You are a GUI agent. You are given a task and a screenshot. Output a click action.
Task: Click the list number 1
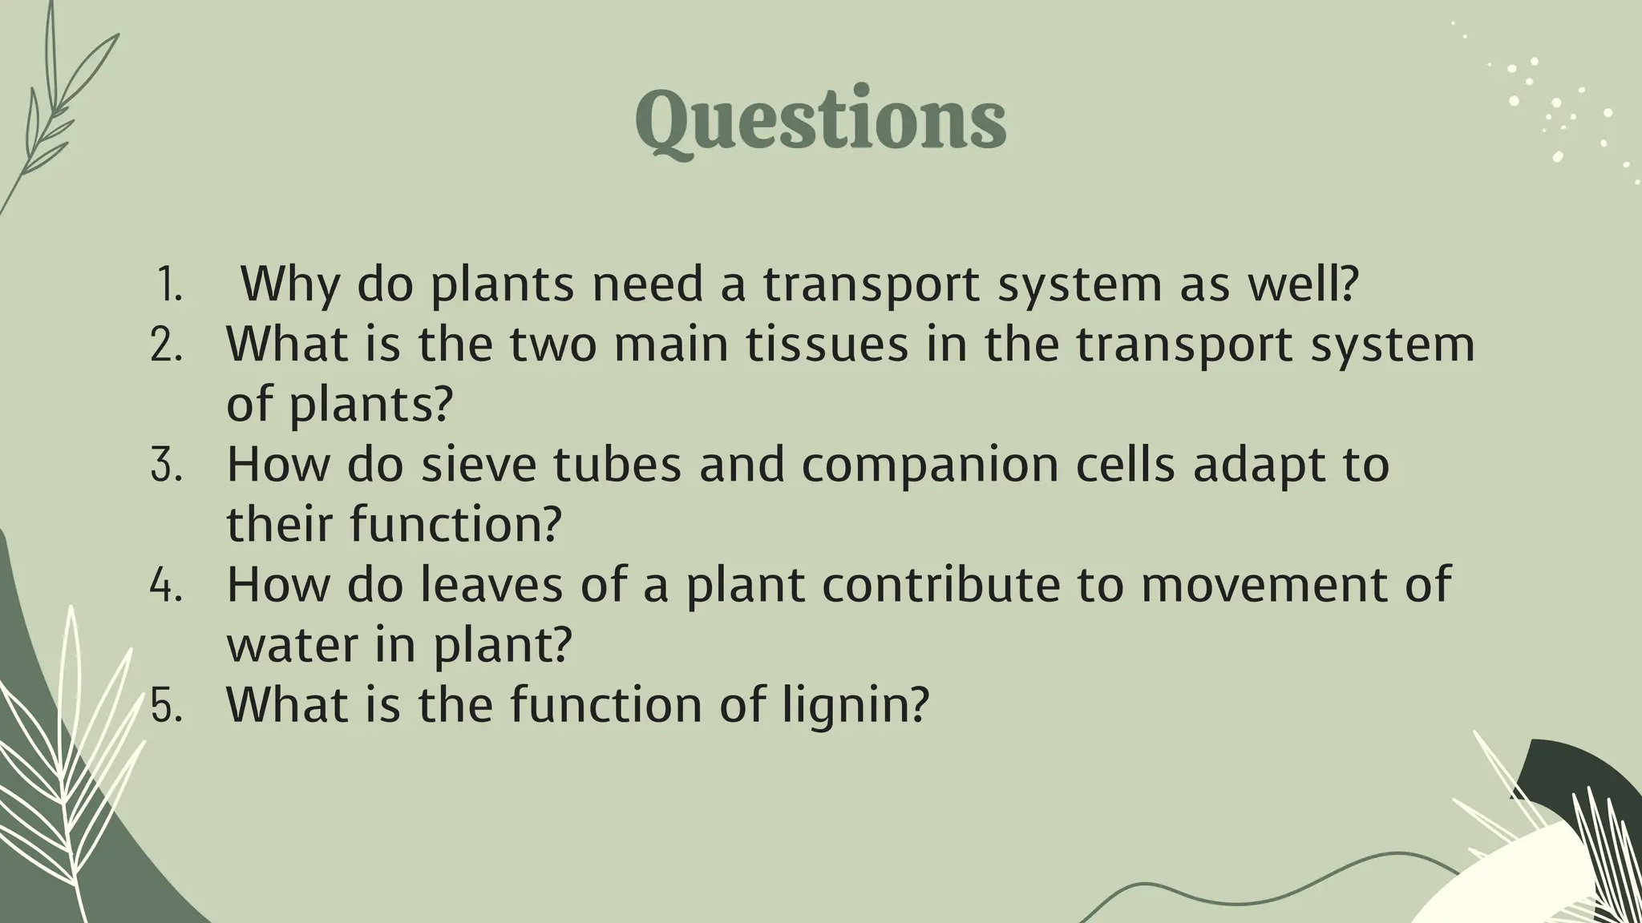(x=169, y=284)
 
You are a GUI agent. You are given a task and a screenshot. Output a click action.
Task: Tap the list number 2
(x=167, y=345)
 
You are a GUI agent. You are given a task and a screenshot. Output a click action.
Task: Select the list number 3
(x=167, y=465)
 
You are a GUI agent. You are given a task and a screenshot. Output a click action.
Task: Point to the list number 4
(x=167, y=585)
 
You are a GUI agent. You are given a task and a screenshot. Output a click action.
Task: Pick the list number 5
(x=167, y=705)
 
